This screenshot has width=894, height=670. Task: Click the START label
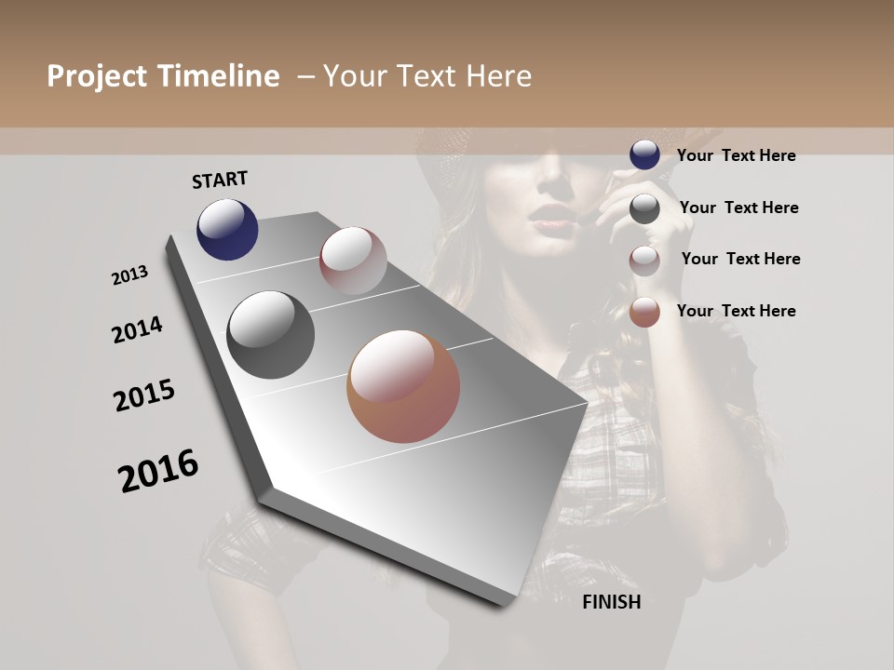click(220, 180)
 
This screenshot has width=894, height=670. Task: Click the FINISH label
click(612, 602)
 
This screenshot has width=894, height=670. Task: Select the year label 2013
click(130, 275)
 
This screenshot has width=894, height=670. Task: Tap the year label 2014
click(137, 329)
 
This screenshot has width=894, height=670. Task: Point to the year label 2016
click(158, 470)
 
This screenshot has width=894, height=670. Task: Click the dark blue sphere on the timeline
click(227, 229)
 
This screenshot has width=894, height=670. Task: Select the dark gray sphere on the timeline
click(270, 334)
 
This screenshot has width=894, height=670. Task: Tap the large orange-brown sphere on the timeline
click(403, 386)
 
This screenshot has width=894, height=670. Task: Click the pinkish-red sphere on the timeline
click(353, 261)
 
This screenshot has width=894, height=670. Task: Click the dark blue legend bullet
click(644, 154)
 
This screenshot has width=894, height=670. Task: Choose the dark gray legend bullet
click(644, 208)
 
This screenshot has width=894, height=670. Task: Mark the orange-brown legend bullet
click(644, 312)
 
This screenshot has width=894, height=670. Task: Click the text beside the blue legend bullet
click(736, 155)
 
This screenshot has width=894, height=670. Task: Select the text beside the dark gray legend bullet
click(738, 208)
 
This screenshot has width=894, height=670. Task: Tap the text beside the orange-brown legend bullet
click(736, 311)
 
